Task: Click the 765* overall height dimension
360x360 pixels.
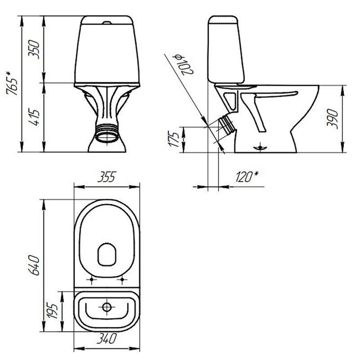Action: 12,83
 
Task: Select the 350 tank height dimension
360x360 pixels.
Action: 34,49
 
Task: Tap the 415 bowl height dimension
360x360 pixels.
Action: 34,117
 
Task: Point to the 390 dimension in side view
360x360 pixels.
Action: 332,119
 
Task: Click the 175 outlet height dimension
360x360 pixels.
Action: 174,139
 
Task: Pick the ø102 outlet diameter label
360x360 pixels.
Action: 184,65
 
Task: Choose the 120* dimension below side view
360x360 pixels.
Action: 247,176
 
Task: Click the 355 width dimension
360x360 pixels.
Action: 106,177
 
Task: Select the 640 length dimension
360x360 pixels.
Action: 34,265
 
